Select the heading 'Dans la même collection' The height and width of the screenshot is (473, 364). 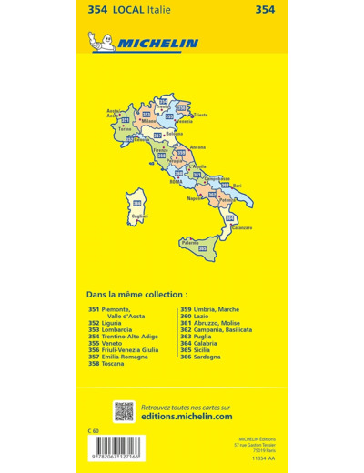(136, 296)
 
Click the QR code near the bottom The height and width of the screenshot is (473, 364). (123, 410)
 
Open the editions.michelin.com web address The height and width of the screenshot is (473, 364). (187, 417)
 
